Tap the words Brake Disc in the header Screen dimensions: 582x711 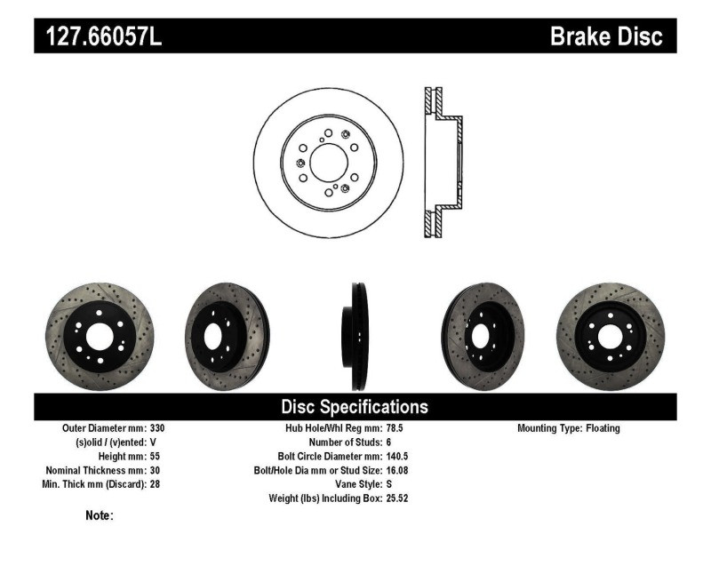tap(606, 36)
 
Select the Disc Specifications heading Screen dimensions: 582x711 tap(355, 407)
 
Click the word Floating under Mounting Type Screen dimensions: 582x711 tap(603, 428)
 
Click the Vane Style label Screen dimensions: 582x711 tap(356, 485)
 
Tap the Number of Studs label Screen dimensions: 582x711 tap(346, 442)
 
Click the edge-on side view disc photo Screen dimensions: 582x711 tap(355, 336)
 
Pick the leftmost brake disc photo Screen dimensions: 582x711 tap(99, 336)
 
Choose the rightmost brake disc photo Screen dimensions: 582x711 tap(610, 336)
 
